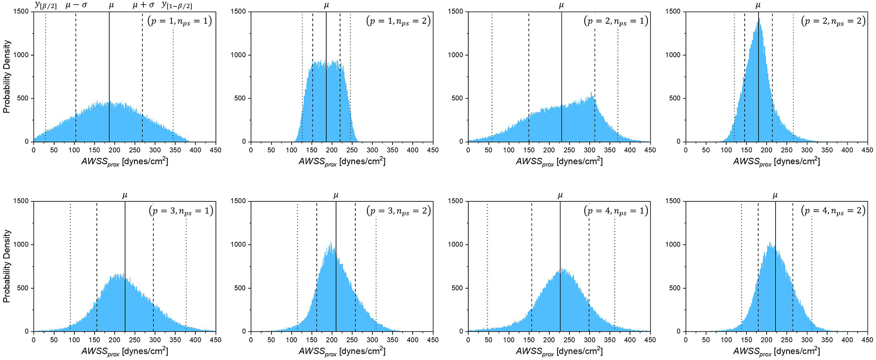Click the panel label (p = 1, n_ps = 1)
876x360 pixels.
(179, 21)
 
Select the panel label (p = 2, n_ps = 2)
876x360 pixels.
(833, 21)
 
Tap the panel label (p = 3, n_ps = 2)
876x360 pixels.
(398, 211)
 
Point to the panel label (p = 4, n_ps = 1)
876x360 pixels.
(616, 211)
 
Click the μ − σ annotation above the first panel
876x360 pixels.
(76, 5)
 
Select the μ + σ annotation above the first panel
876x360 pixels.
(143, 5)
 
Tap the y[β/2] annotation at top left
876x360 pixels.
(46, 5)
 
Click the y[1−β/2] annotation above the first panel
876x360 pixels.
(177, 5)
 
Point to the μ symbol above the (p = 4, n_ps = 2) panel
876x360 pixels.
(775, 195)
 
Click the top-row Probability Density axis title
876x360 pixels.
(7, 76)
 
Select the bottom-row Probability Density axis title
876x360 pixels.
(7, 266)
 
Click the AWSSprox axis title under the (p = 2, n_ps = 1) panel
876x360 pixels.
(559, 162)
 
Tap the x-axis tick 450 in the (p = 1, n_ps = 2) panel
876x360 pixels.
(432, 150)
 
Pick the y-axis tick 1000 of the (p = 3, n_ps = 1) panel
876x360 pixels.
(22, 245)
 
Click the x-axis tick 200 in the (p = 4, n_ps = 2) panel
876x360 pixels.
(767, 340)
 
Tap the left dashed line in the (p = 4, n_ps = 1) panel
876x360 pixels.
(531, 269)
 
